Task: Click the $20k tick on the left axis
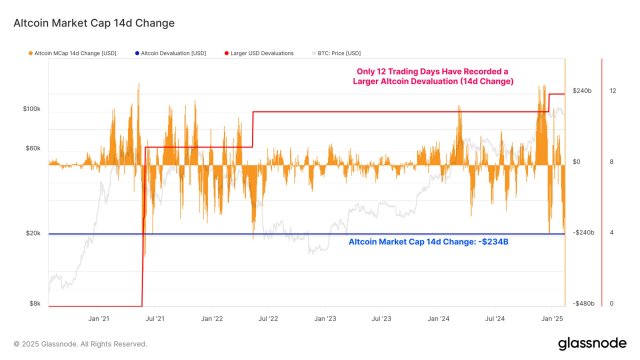point(32,233)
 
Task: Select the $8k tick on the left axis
point(34,304)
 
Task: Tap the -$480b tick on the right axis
point(582,304)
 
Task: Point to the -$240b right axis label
point(582,233)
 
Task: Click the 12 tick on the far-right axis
point(612,91)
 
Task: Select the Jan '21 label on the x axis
point(99,319)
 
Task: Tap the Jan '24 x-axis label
point(438,319)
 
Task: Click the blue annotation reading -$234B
point(428,242)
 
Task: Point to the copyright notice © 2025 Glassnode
point(80,344)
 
